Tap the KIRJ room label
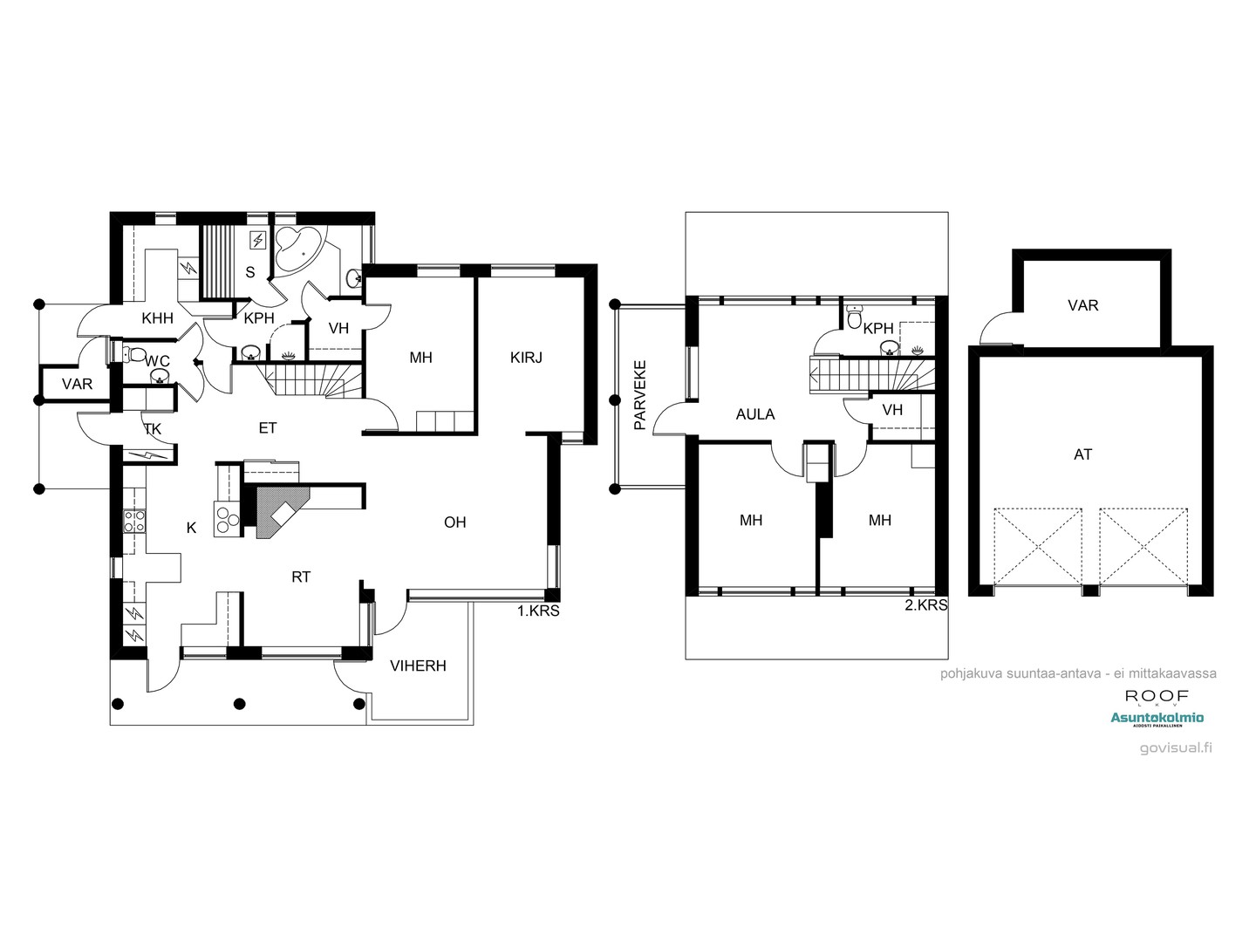click(x=526, y=357)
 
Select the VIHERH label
click(x=418, y=666)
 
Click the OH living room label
click(x=454, y=522)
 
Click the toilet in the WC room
click(x=132, y=353)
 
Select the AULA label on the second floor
click(x=754, y=414)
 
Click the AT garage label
click(x=1082, y=454)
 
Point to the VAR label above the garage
click(x=1082, y=305)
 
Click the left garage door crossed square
click(x=1038, y=546)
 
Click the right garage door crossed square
click(x=1143, y=546)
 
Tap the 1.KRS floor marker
click(x=538, y=611)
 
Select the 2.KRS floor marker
click(x=926, y=604)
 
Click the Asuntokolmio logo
click(x=1157, y=719)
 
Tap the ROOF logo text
click(x=1157, y=696)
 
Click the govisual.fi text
click(x=1176, y=747)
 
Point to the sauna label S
click(x=249, y=272)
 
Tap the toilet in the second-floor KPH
click(x=855, y=317)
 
